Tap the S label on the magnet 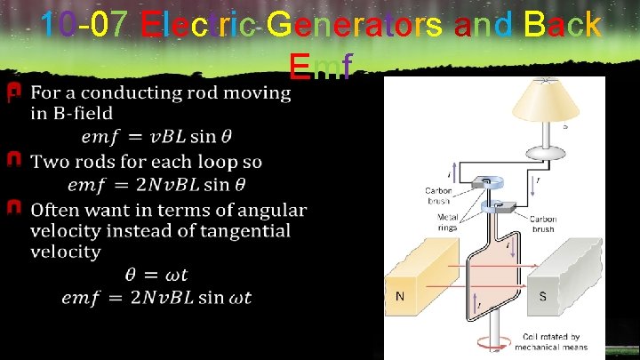coord(542,296)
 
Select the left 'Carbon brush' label coord(439,195)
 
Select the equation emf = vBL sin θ coord(156,137)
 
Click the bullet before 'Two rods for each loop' coord(13,161)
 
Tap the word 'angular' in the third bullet coord(272,211)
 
